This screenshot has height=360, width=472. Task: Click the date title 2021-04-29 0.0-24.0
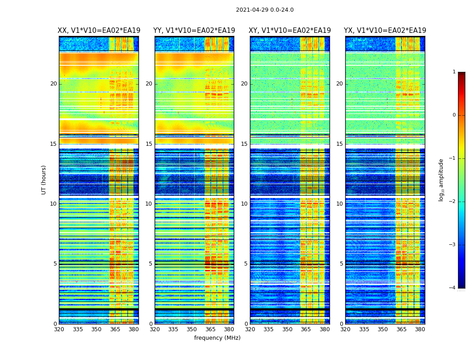[265, 10]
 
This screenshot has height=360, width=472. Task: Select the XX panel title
[99, 31]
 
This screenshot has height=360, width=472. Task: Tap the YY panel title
[194, 31]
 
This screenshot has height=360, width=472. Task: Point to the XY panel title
[290, 31]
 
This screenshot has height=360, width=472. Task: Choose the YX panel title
[385, 31]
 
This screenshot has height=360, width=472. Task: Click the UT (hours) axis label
[44, 180]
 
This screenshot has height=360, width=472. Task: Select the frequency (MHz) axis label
[217, 338]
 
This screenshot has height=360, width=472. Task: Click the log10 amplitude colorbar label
[441, 180]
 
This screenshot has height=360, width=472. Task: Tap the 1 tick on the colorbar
[454, 72]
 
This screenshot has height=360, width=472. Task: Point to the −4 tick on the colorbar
[453, 288]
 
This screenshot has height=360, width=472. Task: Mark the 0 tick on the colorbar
[454, 115]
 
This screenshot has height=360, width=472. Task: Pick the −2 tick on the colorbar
[453, 202]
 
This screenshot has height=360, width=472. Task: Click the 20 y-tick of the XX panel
[53, 84]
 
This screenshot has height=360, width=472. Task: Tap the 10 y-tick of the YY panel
[149, 204]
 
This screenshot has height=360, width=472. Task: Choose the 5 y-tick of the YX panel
[342, 264]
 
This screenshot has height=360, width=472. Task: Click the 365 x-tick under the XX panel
[115, 329]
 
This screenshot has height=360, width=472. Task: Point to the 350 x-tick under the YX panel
[383, 329]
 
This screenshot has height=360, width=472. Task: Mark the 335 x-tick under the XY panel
[268, 329]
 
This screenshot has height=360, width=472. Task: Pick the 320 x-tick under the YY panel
[155, 329]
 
